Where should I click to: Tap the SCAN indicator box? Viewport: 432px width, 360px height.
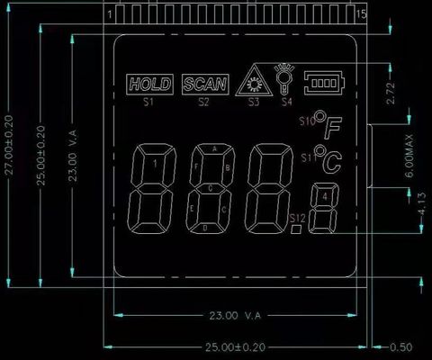point(204,85)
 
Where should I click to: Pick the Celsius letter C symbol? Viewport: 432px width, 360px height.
point(332,162)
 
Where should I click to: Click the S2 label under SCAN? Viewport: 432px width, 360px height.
point(204,102)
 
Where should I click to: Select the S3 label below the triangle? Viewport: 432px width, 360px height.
point(254,102)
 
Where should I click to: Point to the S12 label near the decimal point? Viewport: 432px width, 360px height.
point(298,219)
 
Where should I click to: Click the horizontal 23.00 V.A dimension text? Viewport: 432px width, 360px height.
point(236,316)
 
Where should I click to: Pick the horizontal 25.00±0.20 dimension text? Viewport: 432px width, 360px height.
point(236,346)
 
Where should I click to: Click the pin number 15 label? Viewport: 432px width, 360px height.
point(361,15)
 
